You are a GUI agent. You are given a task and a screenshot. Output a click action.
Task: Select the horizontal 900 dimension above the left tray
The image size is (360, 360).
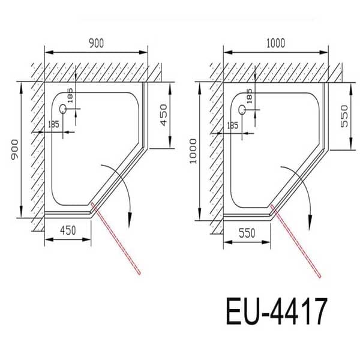click(x=96, y=43)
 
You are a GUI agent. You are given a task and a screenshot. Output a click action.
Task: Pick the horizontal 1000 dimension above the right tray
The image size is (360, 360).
click(x=276, y=43)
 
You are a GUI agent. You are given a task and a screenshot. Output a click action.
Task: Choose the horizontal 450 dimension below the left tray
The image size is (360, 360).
click(x=67, y=230)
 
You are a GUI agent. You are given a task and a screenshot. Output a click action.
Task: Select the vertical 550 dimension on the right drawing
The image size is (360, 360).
click(x=344, y=115)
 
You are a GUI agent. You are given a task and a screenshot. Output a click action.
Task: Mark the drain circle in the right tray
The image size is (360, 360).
click(x=242, y=109)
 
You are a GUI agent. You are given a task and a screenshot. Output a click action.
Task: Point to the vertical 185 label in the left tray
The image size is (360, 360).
click(x=70, y=96)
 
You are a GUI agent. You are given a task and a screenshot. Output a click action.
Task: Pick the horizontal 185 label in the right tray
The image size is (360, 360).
click(x=232, y=125)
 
